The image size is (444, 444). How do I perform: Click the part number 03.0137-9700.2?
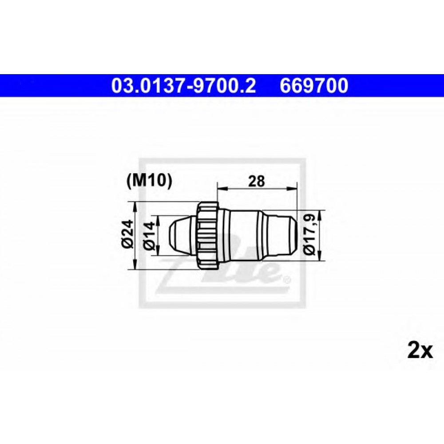pyautogui.click(x=183, y=86)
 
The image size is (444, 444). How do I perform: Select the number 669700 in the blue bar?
pyautogui.click(x=314, y=86)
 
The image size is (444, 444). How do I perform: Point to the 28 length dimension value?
pyautogui.click(x=257, y=181)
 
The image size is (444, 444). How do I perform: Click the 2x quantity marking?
pyautogui.click(x=420, y=351)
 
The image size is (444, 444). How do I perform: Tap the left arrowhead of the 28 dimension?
pyautogui.click(x=221, y=188)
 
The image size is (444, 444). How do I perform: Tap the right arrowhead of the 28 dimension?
pyautogui.click(x=292, y=188)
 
